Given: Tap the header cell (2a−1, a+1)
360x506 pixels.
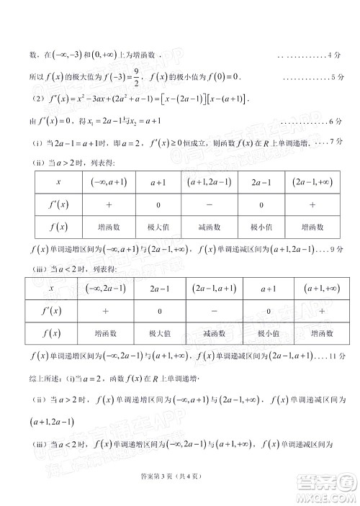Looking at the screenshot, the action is (213, 289).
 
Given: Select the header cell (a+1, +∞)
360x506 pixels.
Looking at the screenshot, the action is (322, 289).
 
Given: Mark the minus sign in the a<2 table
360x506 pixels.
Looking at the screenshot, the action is (213, 312).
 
